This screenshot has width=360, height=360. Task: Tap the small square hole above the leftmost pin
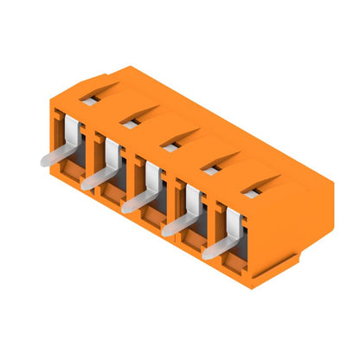[87, 100]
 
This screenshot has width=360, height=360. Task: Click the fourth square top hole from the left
[210, 171]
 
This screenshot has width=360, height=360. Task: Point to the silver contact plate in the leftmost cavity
[73, 134]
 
